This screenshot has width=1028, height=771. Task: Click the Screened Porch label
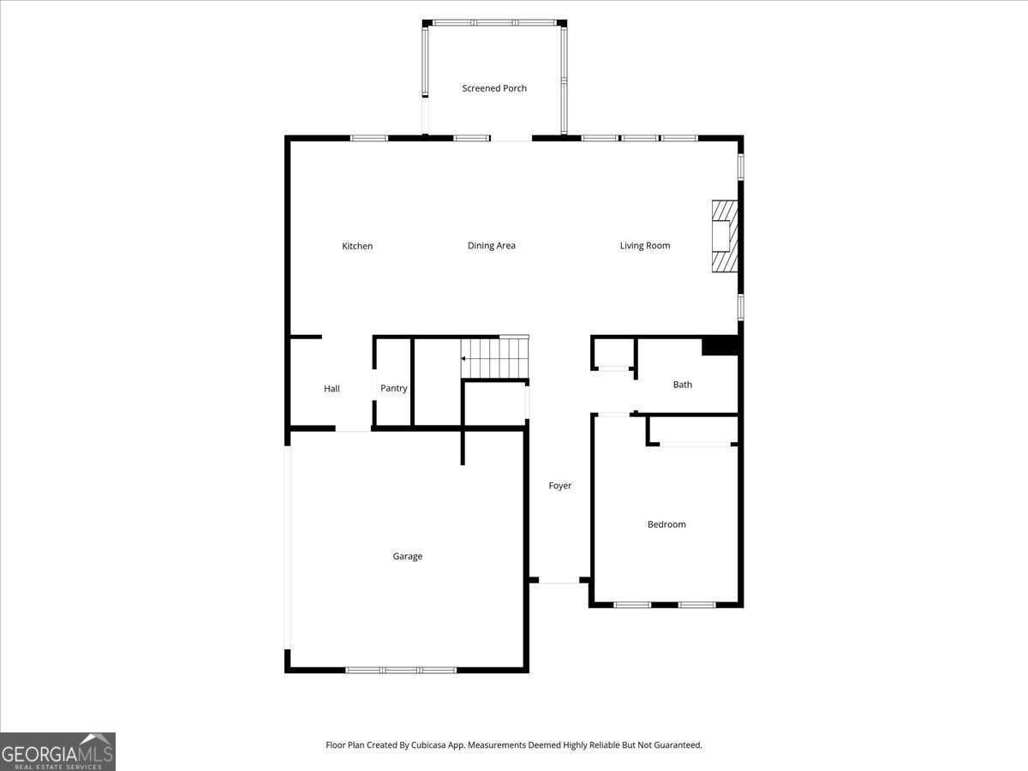click(494, 88)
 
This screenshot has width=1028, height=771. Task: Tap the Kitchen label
click(357, 246)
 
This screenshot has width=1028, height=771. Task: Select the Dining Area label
click(492, 246)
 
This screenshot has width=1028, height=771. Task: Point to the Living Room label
click(645, 246)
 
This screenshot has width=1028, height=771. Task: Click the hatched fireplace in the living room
click(725, 236)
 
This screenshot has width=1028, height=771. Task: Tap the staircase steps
click(495, 358)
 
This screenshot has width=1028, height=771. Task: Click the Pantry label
click(394, 388)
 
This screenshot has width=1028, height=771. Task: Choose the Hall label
click(332, 389)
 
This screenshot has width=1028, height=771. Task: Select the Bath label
click(683, 385)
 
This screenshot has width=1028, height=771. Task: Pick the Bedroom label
click(666, 524)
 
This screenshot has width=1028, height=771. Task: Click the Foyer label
click(560, 486)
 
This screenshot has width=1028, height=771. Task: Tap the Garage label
click(408, 556)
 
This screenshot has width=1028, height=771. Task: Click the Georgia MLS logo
click(57, 751)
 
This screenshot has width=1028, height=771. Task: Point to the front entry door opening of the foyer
click(559, 581)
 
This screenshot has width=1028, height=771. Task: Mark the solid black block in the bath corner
click(720, 345)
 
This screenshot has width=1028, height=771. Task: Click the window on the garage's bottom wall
click(401, 670)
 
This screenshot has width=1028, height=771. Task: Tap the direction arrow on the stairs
click(463, 358)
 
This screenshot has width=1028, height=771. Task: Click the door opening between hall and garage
click(353, 428)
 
